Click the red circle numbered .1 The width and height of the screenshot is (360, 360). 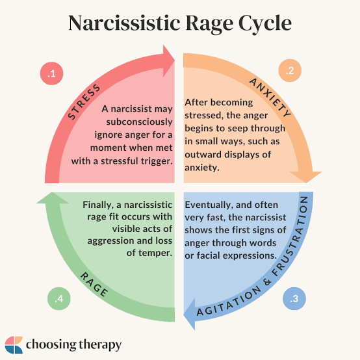(51, 73)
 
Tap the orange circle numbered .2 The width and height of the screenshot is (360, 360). (290, 70)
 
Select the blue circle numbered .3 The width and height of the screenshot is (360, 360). (294, 298)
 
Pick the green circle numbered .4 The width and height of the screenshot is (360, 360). (59, 298)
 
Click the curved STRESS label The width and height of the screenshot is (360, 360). (84, 101)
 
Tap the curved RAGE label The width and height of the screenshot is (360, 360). (94, 284)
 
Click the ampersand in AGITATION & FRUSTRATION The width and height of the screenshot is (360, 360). (267, 282)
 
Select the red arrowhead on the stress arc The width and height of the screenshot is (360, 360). (169, 60)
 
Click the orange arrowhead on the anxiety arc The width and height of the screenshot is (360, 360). (306, 177)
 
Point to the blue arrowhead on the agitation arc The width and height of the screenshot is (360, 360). (189, 314)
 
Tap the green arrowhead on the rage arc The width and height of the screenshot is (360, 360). (53, 198)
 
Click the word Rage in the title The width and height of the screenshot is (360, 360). (209, 23)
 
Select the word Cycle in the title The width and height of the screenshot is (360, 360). (265, 23)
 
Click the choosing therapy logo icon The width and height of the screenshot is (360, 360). (14, 345)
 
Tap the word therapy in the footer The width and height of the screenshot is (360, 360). (100, 345)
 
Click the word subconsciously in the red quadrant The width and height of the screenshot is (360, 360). (139, 122)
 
